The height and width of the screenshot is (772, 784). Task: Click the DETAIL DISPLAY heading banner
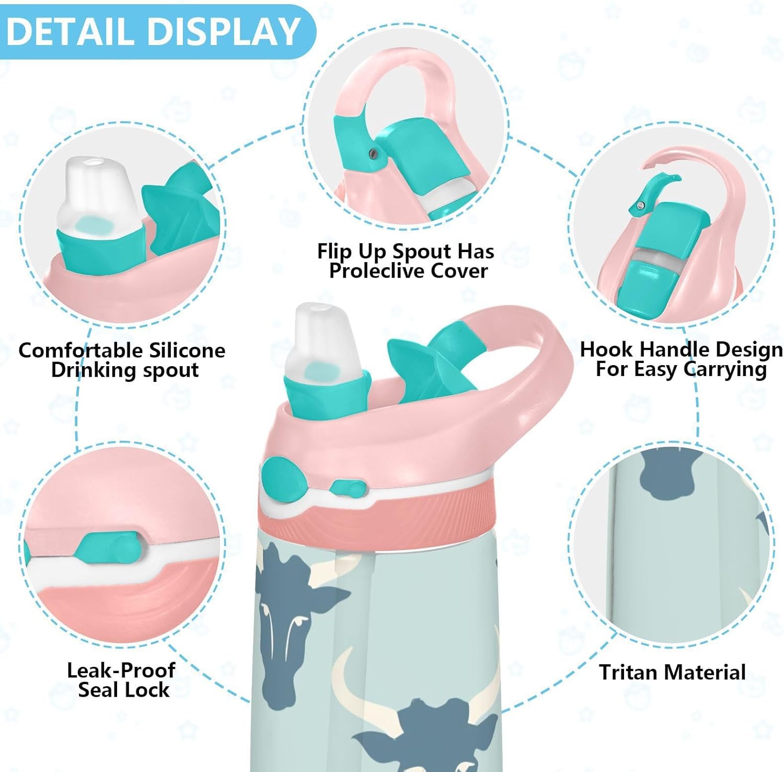(x=154, y=31)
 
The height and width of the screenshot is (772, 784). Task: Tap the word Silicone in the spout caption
(x=187, y=350)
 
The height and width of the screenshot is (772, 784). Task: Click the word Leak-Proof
(x=121, y=670)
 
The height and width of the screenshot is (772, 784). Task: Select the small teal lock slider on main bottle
(x=347, y=489)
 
